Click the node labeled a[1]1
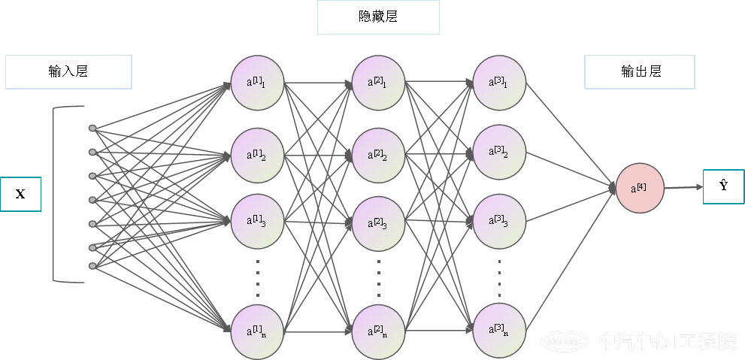257,82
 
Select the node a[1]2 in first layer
257,155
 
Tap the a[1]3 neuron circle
257,221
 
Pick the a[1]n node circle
257,331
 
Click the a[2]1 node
378,82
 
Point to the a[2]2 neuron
378,155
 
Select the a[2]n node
378,331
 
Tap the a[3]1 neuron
499,82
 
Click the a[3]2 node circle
499,155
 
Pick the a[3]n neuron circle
499,331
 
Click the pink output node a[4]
640,188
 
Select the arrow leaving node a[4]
683,188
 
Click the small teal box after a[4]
723,186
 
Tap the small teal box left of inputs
20,194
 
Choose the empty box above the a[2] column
378,17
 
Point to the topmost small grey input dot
92,128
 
